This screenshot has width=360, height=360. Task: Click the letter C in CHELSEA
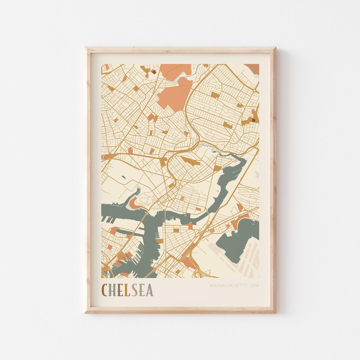(x=106, y=290)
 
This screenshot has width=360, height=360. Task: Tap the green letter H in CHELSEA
(x=113, y=290)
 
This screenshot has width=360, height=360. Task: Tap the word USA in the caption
(x=254, y=286)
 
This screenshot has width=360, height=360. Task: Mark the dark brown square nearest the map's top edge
(x=154, y=71)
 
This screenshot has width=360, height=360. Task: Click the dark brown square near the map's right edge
(x=254, y=120)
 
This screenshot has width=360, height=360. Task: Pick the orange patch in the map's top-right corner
(x=252, y=68)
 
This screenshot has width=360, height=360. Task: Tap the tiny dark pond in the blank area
(x=124, y=177)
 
